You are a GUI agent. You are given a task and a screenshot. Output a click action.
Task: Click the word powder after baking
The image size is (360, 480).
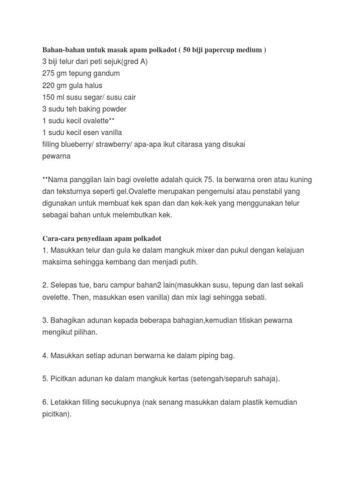[x=113, y=109]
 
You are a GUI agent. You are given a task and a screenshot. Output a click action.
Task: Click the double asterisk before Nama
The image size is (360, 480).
[x=45, y=180]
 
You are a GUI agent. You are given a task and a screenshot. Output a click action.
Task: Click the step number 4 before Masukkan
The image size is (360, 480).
[x=45, y=356]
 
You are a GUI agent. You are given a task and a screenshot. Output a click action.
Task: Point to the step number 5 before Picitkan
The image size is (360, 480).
[x=45, y=379]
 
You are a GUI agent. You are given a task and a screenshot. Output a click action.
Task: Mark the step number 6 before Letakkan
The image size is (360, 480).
[x=45, y=403]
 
